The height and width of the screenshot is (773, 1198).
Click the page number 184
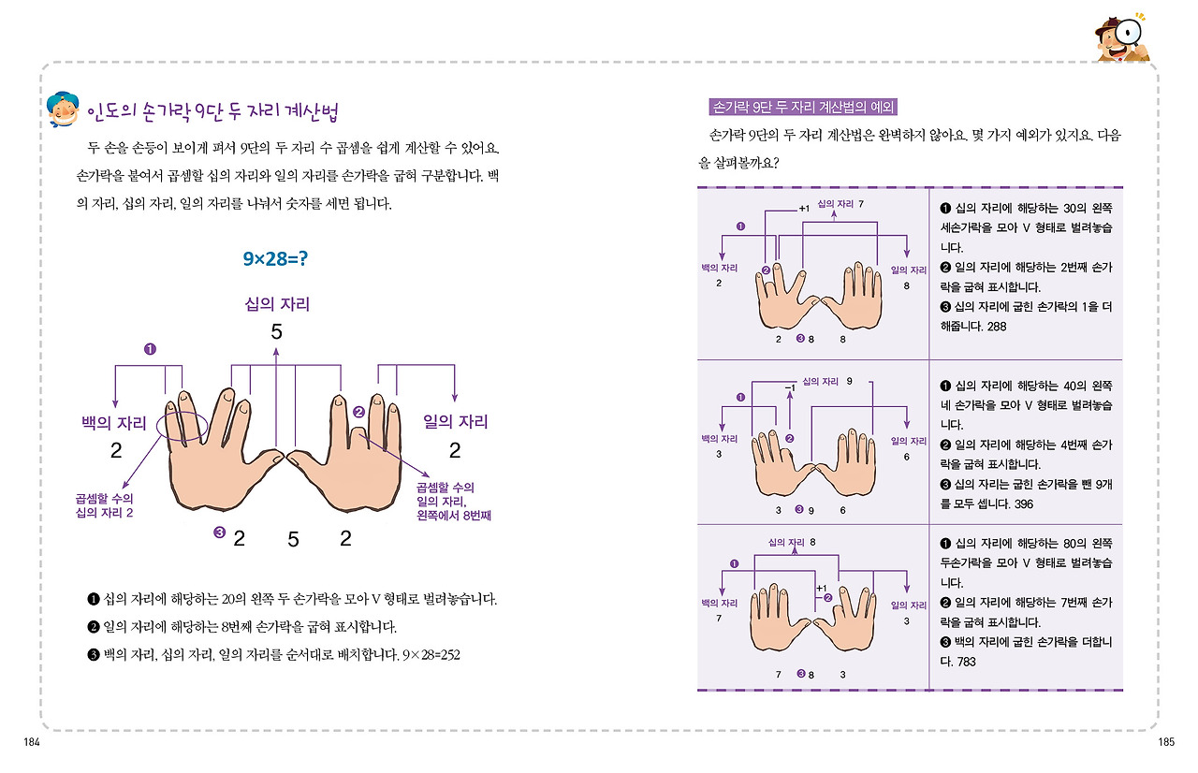pyautogui.click(x=33, y=742)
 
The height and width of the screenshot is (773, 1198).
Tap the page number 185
pyautogui.click(x=1165, y=742)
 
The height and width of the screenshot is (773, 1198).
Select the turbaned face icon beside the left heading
pyautogui.click(x=64, y=111)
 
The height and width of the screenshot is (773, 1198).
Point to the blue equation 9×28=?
pyautogui.click(x=275, y=257)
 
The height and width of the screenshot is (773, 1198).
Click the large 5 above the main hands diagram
pyautogui.click(x=276, y=331)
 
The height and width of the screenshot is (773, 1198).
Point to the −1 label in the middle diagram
pyautogui.click(x=789, y=386)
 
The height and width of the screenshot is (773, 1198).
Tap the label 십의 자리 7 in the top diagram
pyautogui.click(x=840, y=203)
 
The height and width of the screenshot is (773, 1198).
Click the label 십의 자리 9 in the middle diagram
pyautogui.click(x=827, y=381)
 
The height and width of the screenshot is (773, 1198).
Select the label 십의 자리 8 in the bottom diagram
pyautogui.click(x=792, y=542)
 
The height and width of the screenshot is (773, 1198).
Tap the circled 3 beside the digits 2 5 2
pyautogui.click(x=220, y=533)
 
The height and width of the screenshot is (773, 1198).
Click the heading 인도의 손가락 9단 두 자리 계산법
pyautogui.click(x=212, y=112)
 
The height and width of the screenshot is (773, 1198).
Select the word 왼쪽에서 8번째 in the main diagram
pyautogui.click(x=456, y=515)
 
